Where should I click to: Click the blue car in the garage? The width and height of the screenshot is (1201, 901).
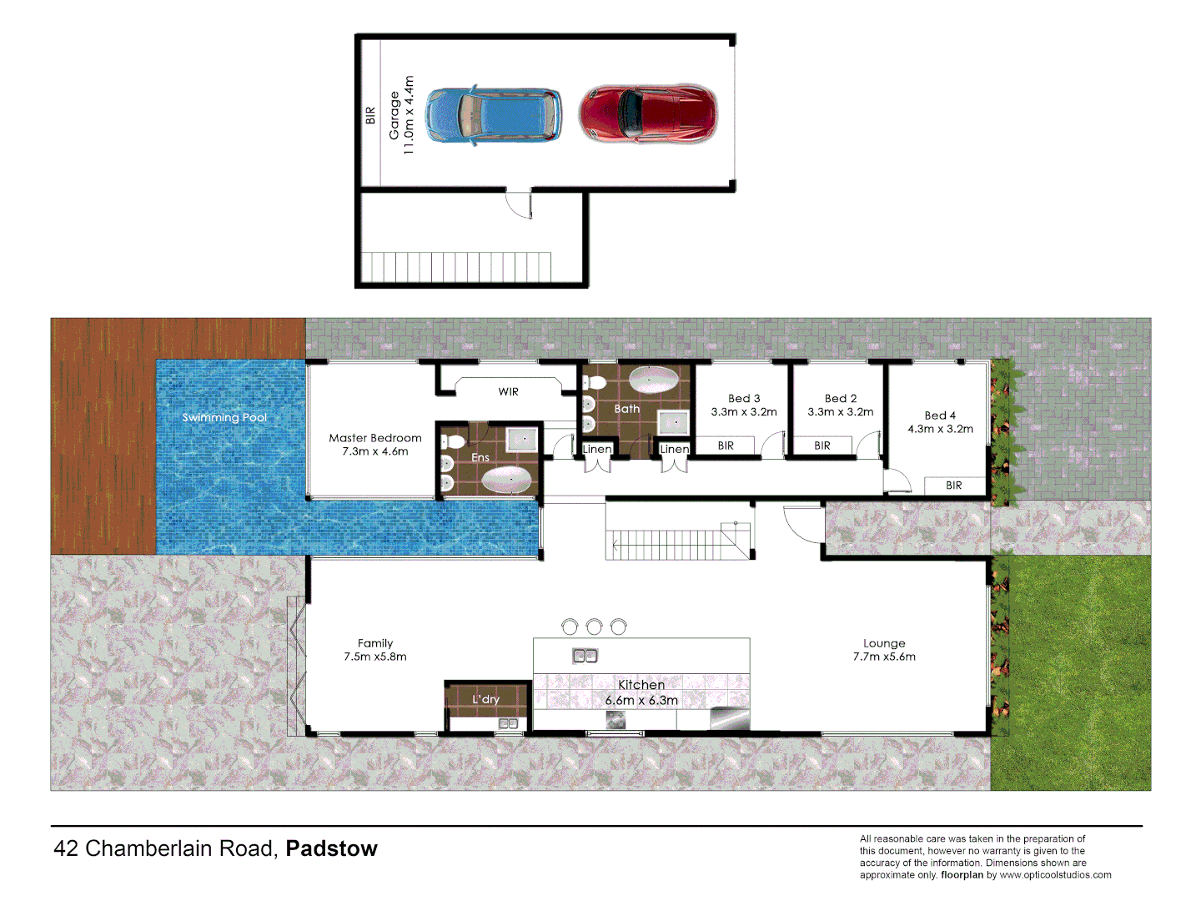(x=493, y=115)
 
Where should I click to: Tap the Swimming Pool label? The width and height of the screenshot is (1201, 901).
(x=224, y=417)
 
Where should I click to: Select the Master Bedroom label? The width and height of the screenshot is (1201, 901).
(x=375, y=438)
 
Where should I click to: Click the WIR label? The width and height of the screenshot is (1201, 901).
(x=508, y=391)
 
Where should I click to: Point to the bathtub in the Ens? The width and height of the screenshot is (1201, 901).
(x=507, y=480)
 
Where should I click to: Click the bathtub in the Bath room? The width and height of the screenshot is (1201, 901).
(x=653, y=380)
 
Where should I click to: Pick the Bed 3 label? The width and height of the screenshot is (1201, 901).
(x=744, y=399)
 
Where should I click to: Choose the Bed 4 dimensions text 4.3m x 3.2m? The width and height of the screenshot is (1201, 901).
(x=940, y=429)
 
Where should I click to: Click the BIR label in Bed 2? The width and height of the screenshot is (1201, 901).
(x=822, y=445)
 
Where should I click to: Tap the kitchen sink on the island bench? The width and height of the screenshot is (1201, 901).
(x=585, y=656)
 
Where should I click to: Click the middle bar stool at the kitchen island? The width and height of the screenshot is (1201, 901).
(x=594, y=626)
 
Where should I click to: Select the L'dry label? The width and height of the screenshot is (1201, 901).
(x=485, y=699)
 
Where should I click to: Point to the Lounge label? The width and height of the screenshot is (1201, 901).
(x=884, y=643)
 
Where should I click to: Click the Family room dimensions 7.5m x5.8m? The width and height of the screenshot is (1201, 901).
(x=375, y=657)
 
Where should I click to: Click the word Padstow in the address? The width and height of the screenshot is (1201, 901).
(x=331, y=848)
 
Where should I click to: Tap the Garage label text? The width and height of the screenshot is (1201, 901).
(x=394, y=115)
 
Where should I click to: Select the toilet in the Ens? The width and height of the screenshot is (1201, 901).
(x=453, y=441)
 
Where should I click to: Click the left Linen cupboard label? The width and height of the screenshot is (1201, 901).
(x=597, y=449)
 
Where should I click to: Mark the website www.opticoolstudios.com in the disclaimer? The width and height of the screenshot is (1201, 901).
(x=1055, y=875)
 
